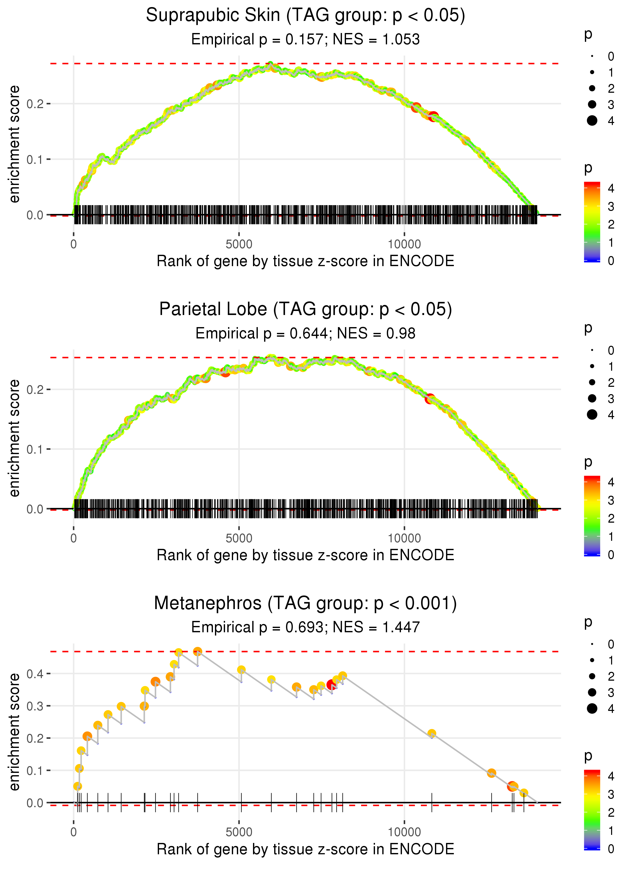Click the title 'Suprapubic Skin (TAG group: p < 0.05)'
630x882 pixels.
tap(305, 16)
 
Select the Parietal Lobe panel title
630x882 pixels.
tap(305, 309)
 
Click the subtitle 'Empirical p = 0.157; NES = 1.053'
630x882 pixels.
tap(305, 40)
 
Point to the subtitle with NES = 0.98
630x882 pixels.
tap(305, 334)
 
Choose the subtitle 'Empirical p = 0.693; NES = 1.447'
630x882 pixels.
tap(305, 627)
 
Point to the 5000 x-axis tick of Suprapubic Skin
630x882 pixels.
tap(239, 244)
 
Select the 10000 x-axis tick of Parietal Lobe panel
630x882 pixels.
tap(404, 538)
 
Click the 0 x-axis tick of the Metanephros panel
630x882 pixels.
tap(74, 832)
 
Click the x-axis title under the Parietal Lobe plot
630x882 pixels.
tap(305, 555)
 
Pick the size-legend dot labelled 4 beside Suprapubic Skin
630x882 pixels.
tap(592, 121)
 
